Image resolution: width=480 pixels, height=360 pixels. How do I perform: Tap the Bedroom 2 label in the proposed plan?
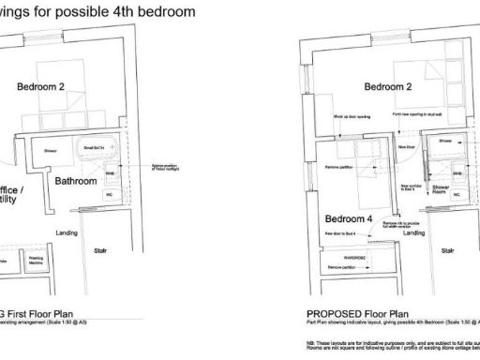tap(388, 87)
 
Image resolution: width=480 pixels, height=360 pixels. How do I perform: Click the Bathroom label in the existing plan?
tap(75, 180)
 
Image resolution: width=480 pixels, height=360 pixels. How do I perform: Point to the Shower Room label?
tap(440, 188)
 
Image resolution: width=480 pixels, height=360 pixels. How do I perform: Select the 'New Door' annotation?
tap(407, 147)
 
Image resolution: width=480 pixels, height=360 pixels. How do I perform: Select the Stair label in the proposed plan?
tap(449, 250)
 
